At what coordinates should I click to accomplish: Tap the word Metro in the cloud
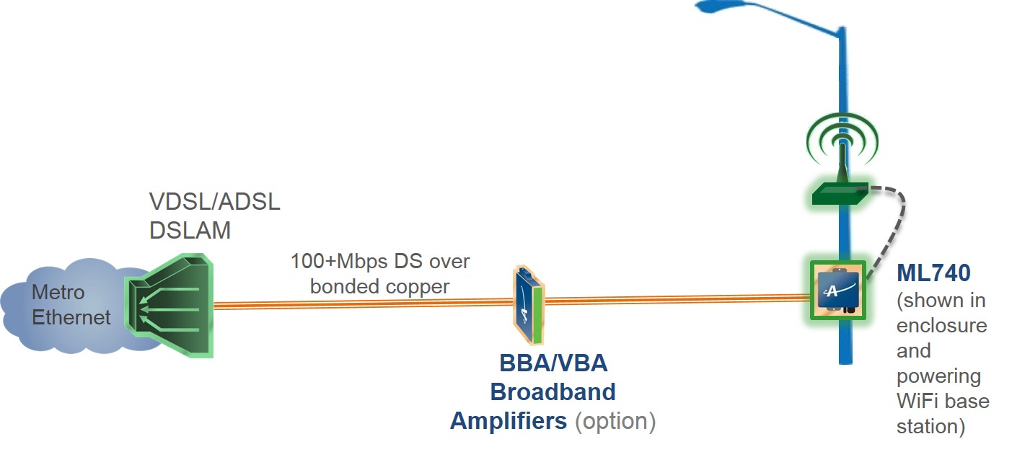coord(58,293)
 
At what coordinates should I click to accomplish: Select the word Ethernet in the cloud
coord(71,317)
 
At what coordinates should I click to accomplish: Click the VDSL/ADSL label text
coord(214,202)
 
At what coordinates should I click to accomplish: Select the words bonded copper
coord(379,286)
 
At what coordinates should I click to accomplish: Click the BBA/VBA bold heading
coord(553,363)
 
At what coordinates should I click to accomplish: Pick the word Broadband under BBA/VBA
coord(553,391)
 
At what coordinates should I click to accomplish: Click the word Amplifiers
coord(509,420)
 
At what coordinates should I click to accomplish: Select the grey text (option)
coord(615,420)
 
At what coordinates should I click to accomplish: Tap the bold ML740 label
coord(933,273)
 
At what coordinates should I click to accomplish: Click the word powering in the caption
coord(938,376)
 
